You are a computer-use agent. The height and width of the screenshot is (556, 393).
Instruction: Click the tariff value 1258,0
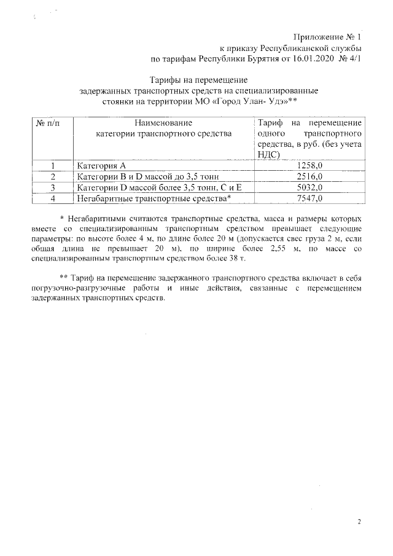pos(309,166)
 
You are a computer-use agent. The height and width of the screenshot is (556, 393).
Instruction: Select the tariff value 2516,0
pos(309,177)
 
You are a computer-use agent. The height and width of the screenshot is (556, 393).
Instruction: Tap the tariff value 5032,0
pos(309,187)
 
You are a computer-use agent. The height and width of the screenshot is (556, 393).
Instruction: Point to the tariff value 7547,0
pos(309,198)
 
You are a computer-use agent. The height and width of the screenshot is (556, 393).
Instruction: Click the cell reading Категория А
pos(101,166)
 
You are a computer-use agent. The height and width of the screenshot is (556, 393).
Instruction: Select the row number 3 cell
pos(53,187)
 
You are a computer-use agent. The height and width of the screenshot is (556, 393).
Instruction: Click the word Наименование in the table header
pos(163,123)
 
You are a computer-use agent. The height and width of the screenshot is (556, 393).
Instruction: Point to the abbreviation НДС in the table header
pos(268,155)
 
